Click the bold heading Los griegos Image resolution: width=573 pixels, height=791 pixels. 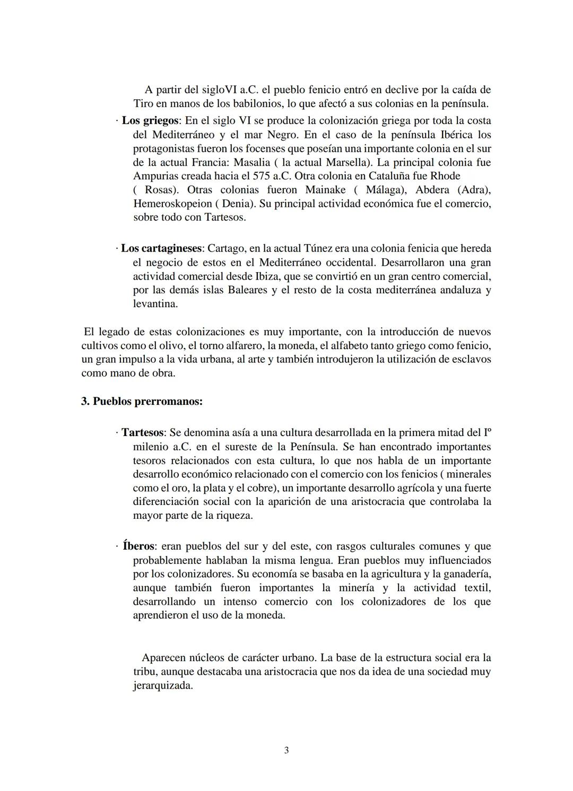pos(150,120)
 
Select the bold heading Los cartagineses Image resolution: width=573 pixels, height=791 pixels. pos(162,248)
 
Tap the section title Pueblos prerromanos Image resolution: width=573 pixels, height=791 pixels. pos(142,401)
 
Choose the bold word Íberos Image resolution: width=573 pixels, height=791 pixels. pos(139,546)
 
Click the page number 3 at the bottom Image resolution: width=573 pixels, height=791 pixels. pos(286,750)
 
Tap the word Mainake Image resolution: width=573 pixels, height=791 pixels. pos(325,189)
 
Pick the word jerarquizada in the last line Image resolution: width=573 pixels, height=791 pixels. pos(162,685)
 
